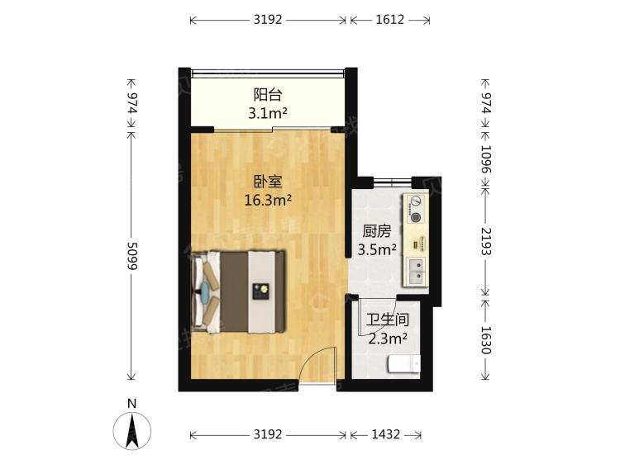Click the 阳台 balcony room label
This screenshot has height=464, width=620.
click(268, 95)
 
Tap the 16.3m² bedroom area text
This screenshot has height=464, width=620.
click(268, 200)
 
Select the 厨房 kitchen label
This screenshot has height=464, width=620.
click(377, 231)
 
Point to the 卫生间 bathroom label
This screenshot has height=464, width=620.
click(387, 320)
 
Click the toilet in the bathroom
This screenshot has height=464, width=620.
click(404, 364)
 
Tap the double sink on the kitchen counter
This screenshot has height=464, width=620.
click(415, 272)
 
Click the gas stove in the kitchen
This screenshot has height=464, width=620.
click(415, 209)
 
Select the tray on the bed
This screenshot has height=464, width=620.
click(261, 291)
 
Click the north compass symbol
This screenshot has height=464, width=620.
click(132, 431)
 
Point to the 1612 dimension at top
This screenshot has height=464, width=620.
click(390, 20)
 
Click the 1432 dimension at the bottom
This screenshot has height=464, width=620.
click(386, 435)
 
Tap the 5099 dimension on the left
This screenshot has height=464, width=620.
click(131, 256)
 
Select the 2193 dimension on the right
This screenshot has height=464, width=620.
click(485, 241)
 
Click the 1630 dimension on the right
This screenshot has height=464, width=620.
click(485, 340)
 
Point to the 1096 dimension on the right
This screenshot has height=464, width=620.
click(485, 159)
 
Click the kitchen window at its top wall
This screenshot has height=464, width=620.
click(392, 182)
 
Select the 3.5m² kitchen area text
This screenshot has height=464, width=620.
click(377, 249)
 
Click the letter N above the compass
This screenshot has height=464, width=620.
click(132, 404)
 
